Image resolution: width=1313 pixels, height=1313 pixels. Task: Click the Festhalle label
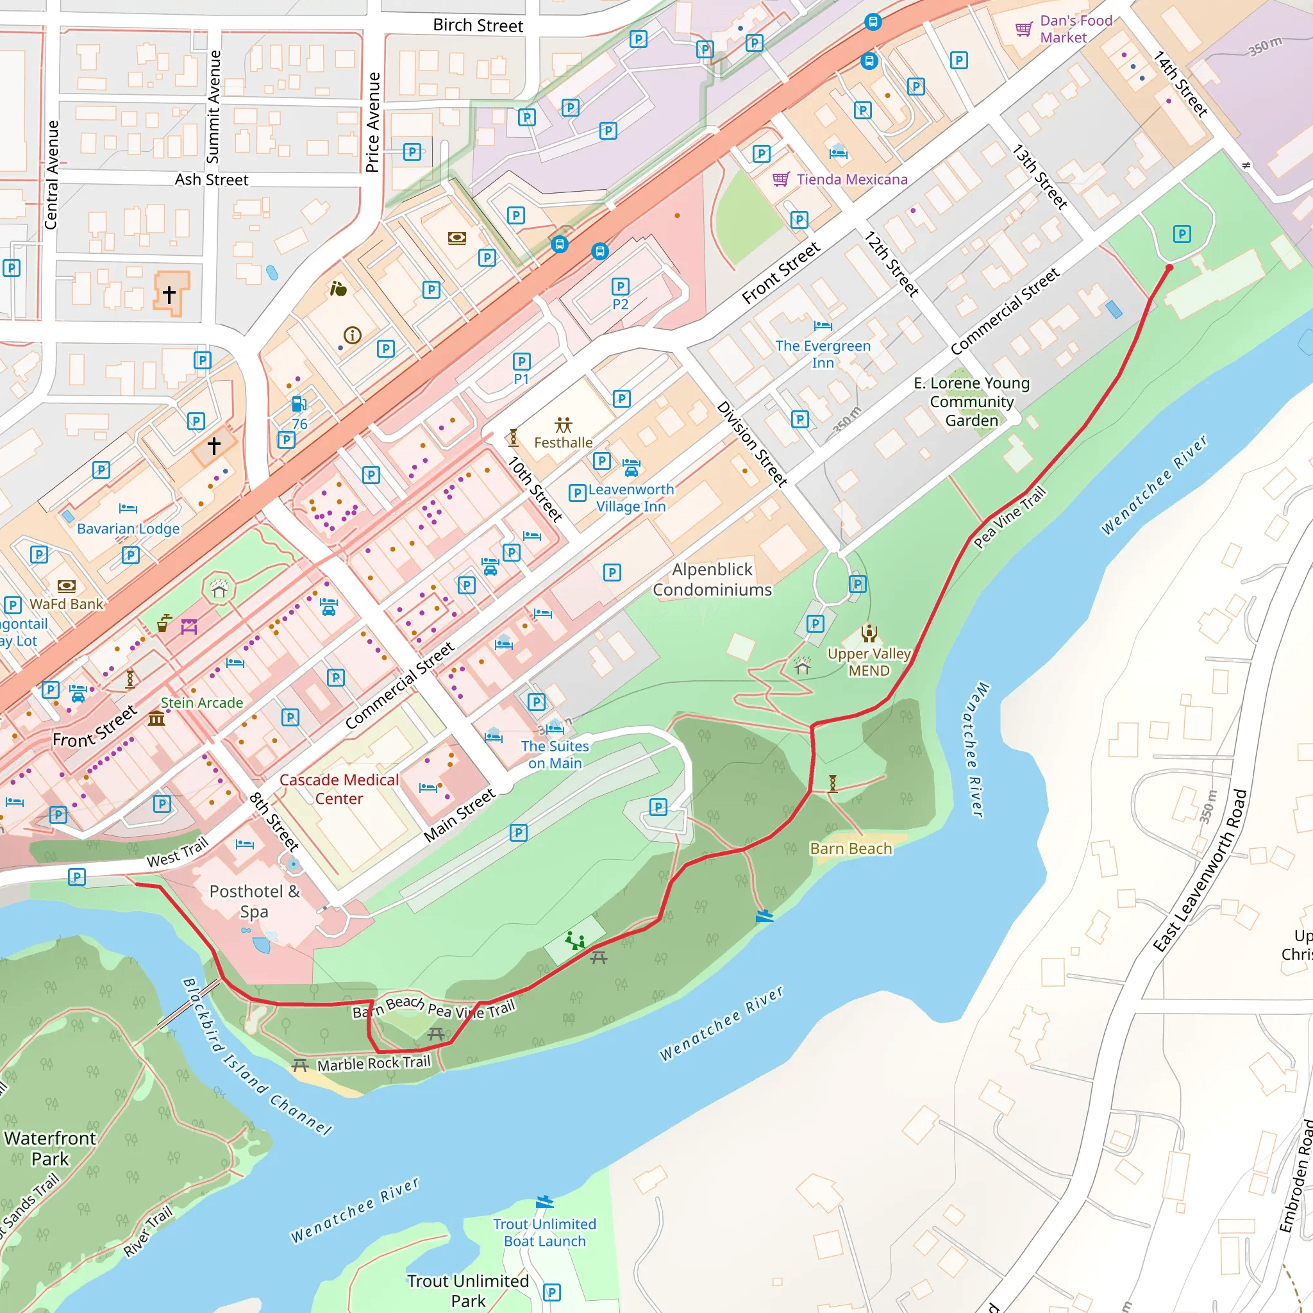click(x=563, y=442)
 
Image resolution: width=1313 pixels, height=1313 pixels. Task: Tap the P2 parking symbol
click(x=620, y=287)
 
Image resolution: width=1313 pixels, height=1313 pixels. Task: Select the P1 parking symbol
click(x=521, y=362)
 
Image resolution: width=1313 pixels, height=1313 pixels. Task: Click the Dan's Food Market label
click(x=1076, y=29)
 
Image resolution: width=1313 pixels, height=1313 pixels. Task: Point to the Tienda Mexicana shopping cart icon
click(x=780, y=180)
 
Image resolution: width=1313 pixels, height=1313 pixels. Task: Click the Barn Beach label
click(x=851, y=848)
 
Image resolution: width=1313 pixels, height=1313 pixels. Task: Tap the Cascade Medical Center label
click(x=339, y=789)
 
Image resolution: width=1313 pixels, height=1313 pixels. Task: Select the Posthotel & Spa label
click(x=254, y=901)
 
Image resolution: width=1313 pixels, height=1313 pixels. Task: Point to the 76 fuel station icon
click(x=298, y=405)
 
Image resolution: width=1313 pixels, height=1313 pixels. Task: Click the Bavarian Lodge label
click(x=128, y=529)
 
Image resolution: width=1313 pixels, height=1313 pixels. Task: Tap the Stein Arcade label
click(x=202, y=703)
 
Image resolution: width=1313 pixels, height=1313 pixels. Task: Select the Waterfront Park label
click(x=50, y=1148)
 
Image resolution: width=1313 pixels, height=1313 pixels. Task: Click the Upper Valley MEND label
click(x=869, y=662)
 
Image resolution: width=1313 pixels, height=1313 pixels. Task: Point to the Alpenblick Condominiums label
click(x=712, y=579)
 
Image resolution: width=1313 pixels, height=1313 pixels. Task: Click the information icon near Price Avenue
click(x=352, y=335)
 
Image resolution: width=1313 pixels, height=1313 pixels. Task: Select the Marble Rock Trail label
click(x=374, y=1064)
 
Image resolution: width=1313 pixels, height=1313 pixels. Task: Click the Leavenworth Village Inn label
click(x=631, y=498)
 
